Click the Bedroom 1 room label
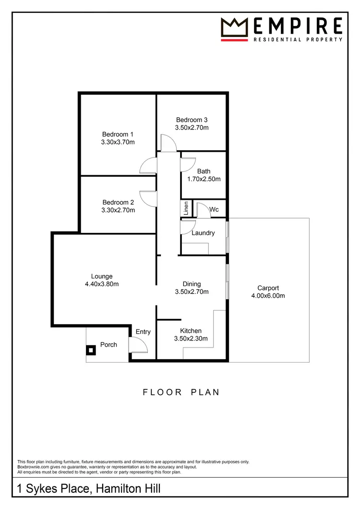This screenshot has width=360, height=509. point(118,134)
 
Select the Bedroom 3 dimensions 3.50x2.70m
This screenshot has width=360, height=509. point(192,128)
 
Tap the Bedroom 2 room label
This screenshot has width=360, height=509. point(118,203)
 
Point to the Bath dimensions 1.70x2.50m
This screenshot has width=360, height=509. point(204,179)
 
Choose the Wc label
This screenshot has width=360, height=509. point(214,209)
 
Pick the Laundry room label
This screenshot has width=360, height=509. point(203,233)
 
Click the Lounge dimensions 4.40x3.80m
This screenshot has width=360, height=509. point(102,284)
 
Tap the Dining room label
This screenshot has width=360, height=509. point(192,284)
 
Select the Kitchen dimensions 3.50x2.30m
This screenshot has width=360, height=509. point(191,339)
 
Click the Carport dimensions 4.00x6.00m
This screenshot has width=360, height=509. point(268,296)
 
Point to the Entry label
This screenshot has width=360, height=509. point(143,332)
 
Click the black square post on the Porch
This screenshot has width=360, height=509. point(90,350)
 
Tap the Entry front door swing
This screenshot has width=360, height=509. point(138,345)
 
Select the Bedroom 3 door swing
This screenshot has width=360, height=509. point(168,143)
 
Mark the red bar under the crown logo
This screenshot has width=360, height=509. point(234,40)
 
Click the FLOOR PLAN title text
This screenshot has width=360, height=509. point(181,392)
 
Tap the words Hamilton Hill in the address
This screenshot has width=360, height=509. point(128,489)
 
